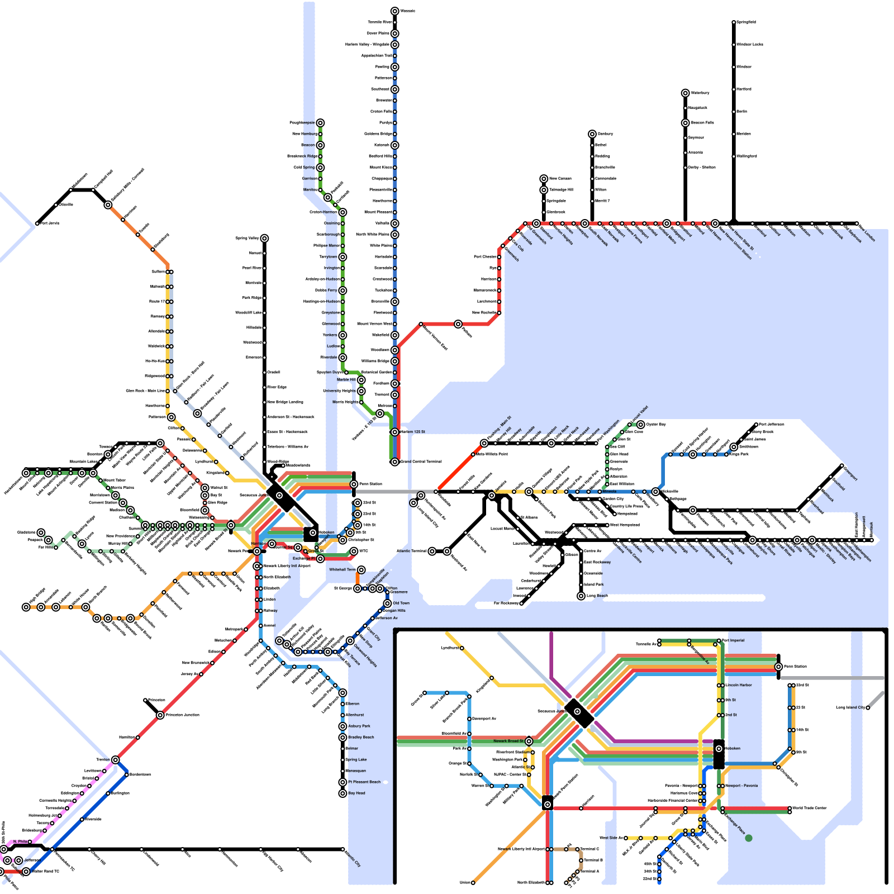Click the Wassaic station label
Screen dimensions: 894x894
(407, 11)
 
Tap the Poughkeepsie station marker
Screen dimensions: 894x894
(320, 123)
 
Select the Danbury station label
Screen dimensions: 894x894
(605, 134)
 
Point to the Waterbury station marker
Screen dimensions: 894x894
(686, 93)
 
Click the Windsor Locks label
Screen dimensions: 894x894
(749, 44)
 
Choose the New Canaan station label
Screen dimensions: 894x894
(560, 178)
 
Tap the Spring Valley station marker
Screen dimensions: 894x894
(264, 239)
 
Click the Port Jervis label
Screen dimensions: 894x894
(49, 223)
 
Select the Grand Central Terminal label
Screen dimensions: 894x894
(421, 462)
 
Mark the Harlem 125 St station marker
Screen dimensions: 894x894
(395, 432)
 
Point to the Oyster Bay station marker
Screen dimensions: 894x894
(641, 425)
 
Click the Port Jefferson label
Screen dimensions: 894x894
(772, 424)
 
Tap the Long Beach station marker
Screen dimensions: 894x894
(581, 596)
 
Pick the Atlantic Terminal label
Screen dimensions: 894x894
(411, 551)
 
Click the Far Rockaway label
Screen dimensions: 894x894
(505, 603)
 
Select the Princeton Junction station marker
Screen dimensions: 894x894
(160, 715)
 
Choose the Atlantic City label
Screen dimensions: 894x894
(353, 859)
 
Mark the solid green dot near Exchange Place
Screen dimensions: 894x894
(749, 838)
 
